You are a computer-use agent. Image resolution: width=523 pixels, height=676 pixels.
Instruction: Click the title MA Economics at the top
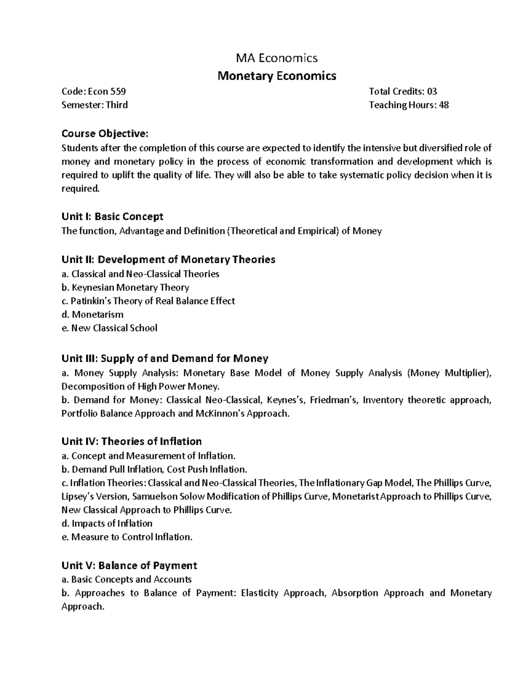click(x=277, y=58)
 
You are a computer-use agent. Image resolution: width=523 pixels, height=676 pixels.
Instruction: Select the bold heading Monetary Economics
click(x=277, y=76)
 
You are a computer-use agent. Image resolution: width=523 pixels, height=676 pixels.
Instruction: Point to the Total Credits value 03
click(x=431, y=91)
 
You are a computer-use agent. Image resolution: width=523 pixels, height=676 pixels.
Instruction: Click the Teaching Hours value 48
click(x=444, y=105)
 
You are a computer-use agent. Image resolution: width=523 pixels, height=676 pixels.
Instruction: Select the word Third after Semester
click(x=117, y=105)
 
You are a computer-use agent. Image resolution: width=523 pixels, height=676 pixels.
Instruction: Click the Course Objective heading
click(x=105, y=133)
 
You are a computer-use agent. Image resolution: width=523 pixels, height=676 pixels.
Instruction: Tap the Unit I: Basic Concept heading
click(x=112, y=217)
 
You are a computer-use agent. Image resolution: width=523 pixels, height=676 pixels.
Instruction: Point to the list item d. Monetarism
click(x=92, y=315)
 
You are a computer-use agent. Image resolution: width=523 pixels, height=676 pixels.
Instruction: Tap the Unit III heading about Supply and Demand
click(x=164, y=359)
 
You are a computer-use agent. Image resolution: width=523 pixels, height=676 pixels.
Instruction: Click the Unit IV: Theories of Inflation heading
click(x=131, y=442)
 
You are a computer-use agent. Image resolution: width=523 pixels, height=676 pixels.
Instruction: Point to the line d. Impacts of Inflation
click(x=107, y=524)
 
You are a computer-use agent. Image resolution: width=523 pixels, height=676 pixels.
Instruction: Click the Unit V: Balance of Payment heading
click(x=129, y=565)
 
